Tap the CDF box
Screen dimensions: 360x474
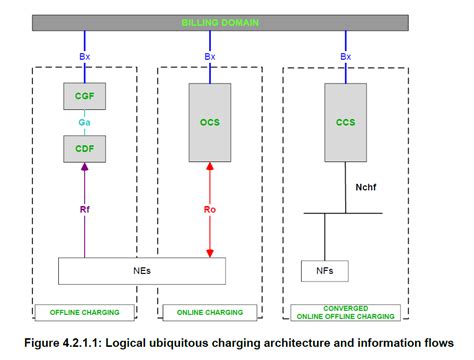85,150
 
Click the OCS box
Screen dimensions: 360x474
210,122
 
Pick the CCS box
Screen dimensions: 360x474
345,122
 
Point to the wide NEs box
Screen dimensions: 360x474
141,271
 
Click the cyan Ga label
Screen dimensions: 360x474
85,123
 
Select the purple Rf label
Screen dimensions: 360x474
85,210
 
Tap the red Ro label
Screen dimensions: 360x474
210,210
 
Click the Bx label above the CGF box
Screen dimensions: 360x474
85,57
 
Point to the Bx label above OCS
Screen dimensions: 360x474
210,57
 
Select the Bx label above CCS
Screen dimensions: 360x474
345,57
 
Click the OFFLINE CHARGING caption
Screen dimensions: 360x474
83,312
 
